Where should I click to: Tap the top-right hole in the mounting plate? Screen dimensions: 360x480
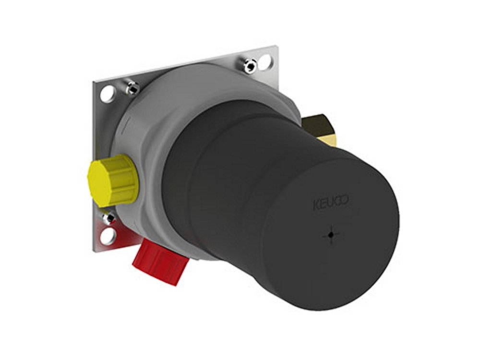264,61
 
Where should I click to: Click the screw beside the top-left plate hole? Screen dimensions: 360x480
132,87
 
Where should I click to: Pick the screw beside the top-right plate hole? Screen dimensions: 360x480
249,65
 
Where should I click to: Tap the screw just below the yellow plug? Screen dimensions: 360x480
109,218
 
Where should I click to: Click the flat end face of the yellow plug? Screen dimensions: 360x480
96,178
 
